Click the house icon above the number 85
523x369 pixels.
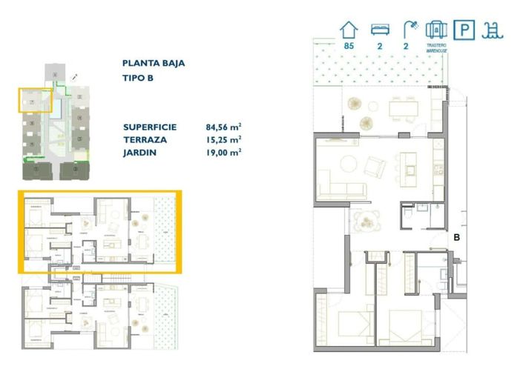click(x=349, y=30)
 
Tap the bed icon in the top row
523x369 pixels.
click(x=380, y=30)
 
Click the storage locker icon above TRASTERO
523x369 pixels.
click(x=436, y=30)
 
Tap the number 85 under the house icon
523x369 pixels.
click(x=349, y=47)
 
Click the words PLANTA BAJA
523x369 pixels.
click(x=154, y=64)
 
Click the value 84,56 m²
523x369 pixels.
click(x=224, y=127)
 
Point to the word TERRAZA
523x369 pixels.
click(x=145, y=139)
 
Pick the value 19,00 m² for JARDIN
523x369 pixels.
click(x=224, y=152)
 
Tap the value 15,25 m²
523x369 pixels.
click(x=224, y=139)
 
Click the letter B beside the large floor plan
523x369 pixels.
click(x=458, y=238)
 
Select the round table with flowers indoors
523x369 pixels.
click(x=366, y=219)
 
